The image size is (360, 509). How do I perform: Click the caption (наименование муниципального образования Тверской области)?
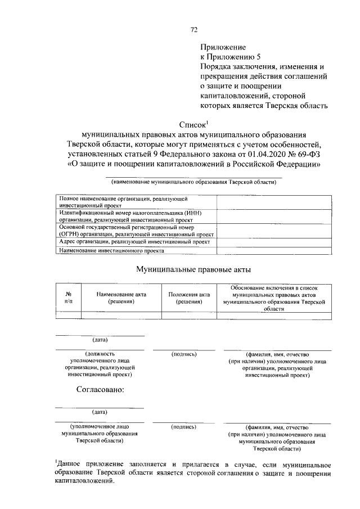point(193,182)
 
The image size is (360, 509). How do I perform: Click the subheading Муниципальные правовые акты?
point(193,269)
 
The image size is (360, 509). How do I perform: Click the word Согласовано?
point(100,389)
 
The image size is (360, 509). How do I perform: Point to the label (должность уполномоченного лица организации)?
point(99,363)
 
